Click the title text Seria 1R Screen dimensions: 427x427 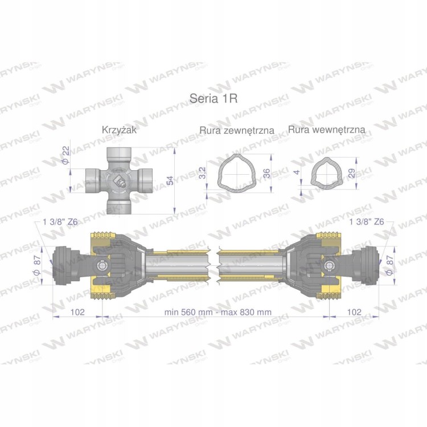(213, 98)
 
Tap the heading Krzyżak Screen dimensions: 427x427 (119, 130)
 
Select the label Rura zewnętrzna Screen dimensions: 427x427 (237, 130)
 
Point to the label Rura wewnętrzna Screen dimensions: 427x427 (327, 130)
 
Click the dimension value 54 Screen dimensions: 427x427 (170, 180)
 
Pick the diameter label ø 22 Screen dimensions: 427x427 (66, 155)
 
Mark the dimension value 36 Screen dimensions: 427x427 (267, 173)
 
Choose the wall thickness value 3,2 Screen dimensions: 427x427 (202, 173)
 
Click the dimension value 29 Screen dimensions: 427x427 (352, 173)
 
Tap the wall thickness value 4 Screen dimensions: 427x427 (297, 172)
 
